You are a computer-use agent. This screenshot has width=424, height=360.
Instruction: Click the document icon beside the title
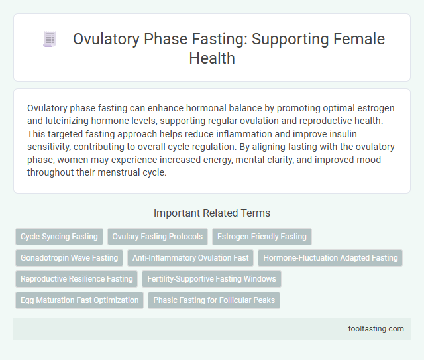pos(50,39)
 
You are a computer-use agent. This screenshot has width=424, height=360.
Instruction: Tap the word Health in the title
pos(212,59)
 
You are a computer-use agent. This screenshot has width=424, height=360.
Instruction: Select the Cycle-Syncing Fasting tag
pos(58,237)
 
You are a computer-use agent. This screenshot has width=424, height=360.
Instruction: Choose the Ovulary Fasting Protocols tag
pos(158,237)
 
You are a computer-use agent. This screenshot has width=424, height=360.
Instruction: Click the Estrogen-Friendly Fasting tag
pos(262,237)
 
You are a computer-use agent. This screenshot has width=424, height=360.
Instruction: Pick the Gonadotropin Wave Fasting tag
pos(69,258)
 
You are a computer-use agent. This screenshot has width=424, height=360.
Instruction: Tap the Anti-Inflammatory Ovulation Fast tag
pos(191,258)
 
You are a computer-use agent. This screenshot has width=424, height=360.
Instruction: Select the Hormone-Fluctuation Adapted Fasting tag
pos(330,258)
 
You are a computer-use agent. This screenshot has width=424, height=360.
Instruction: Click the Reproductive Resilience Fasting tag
pos(76,279)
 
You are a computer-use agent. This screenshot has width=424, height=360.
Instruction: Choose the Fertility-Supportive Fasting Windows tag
pos(211,279)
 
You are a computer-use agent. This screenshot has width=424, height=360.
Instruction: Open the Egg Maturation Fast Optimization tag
pos(79,300)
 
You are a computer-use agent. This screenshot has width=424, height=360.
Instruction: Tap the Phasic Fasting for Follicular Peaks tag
pos(214,300)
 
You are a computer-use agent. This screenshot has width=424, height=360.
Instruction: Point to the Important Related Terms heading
pos(212,213)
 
